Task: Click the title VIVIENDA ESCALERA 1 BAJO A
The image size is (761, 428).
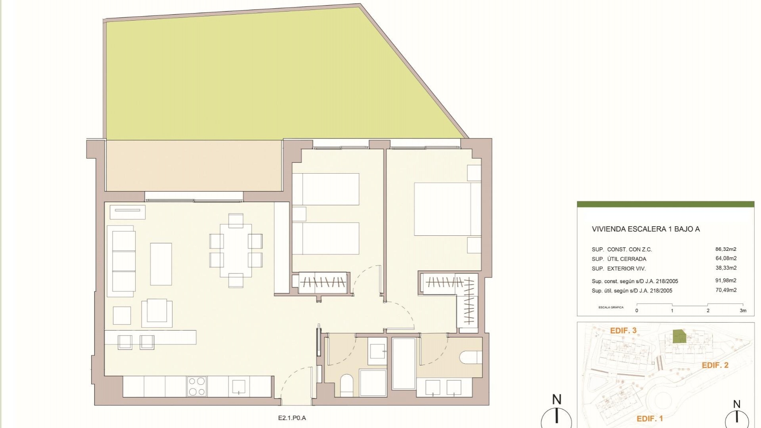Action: [645, 229]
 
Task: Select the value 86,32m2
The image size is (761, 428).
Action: [726, 249]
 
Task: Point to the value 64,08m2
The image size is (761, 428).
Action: [726, 258]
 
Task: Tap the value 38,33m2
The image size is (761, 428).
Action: [726, 268]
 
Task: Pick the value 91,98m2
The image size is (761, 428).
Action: [726, 281]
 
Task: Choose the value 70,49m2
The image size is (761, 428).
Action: [726, 290]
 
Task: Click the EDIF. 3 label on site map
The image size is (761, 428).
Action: [623, 331]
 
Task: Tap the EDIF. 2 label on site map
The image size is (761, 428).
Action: [715, 365]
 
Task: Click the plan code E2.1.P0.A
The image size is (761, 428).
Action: [292, 418]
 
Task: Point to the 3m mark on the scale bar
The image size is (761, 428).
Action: [743, 311]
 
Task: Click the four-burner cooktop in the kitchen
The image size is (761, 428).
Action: [197, 386]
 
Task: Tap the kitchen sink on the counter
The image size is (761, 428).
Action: [239, 386]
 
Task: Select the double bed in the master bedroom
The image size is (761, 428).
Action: [442, 209]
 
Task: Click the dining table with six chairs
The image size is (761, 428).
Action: [236, 250]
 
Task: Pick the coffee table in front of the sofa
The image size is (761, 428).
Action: [161, 264]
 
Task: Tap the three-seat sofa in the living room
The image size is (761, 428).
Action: [123, 262]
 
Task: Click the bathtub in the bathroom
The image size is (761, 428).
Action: [404, 364]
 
